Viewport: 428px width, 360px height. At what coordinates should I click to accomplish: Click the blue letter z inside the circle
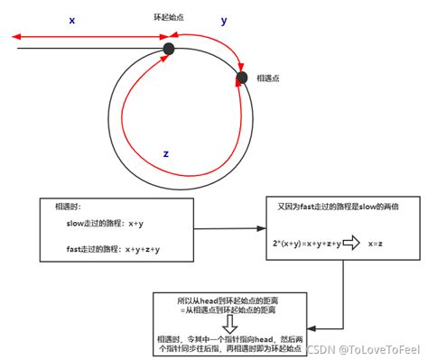pyautogui.click(x=165, y=153)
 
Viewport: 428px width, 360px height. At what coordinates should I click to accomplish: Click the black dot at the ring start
pyautogui.click(x=168, y=49)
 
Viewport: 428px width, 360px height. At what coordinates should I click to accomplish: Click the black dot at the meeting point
pyautogui.click(x=241, y=78)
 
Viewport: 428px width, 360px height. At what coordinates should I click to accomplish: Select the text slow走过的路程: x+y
pyautogui.click(x=96, y=222)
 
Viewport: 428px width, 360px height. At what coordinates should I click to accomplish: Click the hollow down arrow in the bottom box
pyautogui.click(x=229, y=323)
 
